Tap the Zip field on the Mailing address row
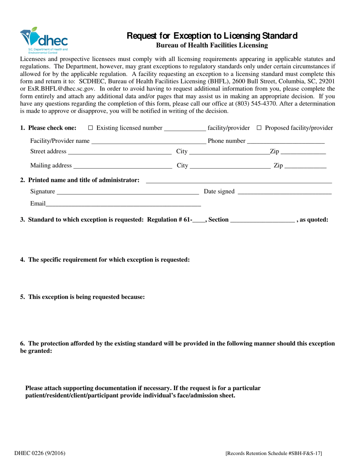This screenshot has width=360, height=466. [x=305, y=167]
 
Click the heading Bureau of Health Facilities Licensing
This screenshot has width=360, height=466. [x=212, y=45]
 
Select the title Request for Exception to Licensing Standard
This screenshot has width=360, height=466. [x=212, y=36]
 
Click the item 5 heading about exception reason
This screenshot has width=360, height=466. [x=83, y=297]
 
